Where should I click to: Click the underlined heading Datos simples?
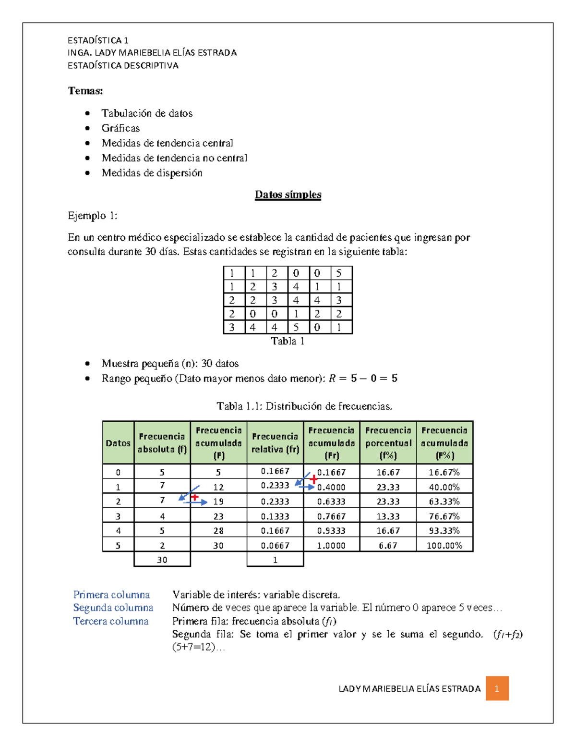click(x=288, y=195)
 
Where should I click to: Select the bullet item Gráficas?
click(x=120, y=128)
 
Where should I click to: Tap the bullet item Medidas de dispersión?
click(x=152, y=173)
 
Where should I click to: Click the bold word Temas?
click(x=85, y=91)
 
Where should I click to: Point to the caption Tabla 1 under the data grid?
click(x=288, y=341)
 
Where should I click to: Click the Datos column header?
click(x=118, y=443)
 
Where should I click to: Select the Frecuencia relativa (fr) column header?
click(x=275, y=443)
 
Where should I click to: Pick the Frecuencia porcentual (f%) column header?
click(x=388, y=443)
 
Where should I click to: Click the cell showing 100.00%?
click(x=444, y=545)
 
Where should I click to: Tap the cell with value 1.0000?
click(x=331, y=545)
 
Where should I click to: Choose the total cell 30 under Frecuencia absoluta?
click(x=162, y=560)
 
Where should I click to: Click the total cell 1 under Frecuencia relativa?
click(x=275, y=560)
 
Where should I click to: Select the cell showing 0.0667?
click(x=275, y=545)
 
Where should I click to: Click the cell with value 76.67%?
click(x=444, y=516)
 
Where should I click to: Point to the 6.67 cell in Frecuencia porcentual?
click(x=388, y=545)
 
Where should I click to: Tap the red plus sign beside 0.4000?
click(x=313, y=479)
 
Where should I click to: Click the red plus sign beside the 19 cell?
click(x=194, y=497)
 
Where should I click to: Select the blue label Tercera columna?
click(x=111, y=621)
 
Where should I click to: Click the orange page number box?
click(x=497, y=688)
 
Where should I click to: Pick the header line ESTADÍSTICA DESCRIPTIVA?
click(x=123, y=66)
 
